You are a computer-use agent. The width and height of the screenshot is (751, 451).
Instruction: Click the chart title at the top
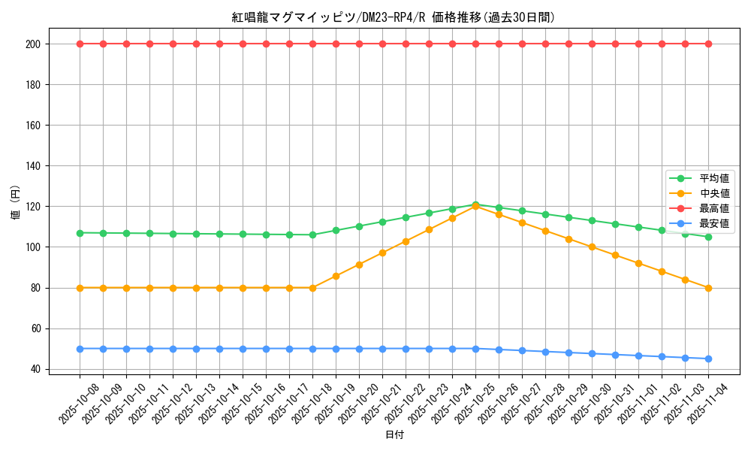coord(394,17)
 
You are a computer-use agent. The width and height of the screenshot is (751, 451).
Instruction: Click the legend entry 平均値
coord(714,178)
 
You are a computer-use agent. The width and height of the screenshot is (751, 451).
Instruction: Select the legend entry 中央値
coord(714,193)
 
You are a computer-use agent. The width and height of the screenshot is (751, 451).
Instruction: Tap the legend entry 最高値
coord(714,208)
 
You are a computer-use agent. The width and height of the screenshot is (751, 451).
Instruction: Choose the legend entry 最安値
coord(714,223)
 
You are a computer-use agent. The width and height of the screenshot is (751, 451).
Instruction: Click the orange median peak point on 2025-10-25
coord(475,206)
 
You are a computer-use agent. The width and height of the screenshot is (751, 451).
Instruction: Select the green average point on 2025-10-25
coord(475,204)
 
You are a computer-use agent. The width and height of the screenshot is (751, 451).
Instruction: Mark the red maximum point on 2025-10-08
coord(80,44)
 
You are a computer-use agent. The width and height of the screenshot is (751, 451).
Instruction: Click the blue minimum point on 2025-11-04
coord(708,359)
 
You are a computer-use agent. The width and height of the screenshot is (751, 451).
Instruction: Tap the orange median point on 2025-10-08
coord(80,288)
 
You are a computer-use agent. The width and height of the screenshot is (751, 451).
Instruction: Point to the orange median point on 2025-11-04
coord(708,288)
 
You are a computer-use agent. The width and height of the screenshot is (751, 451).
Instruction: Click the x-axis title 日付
coord(394,435)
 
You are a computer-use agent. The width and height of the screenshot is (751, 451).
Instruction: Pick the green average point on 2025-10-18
coord(312,235)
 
